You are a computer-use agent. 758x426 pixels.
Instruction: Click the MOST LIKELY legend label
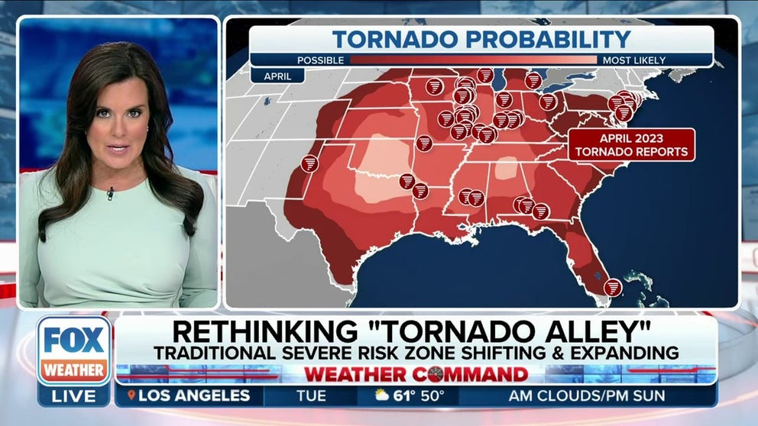[633, 60]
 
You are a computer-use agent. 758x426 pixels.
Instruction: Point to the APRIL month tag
[277, 76]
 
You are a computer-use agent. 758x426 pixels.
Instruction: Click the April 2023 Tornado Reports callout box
[632, 144]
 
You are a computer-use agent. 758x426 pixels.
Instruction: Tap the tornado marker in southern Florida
[612, 287]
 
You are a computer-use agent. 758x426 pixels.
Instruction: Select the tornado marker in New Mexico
[309, 163]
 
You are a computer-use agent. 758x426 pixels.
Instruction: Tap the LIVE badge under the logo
[74, 395]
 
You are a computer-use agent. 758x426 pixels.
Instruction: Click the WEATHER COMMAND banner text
[416, 374]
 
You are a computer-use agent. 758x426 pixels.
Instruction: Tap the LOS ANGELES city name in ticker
[195, 395]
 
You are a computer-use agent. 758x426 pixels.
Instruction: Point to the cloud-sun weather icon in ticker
[381, 395]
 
